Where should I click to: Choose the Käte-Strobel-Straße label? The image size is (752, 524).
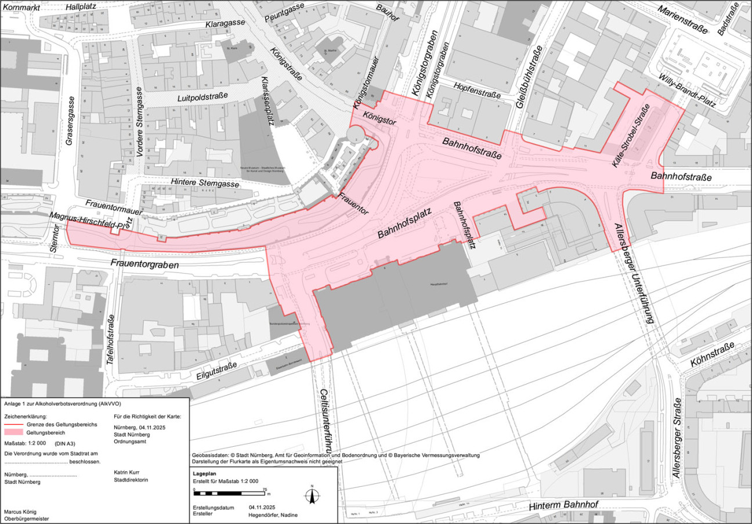(x=634, y=144)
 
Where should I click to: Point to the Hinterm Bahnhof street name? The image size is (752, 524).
(x=563, y=505)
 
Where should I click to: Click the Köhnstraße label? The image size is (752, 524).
(x=712, y=354)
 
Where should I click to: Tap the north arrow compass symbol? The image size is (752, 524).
(x=312, y=495)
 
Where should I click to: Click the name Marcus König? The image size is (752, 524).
(x=20, y=511)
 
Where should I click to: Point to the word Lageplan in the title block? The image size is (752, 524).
(x=204, y=474)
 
